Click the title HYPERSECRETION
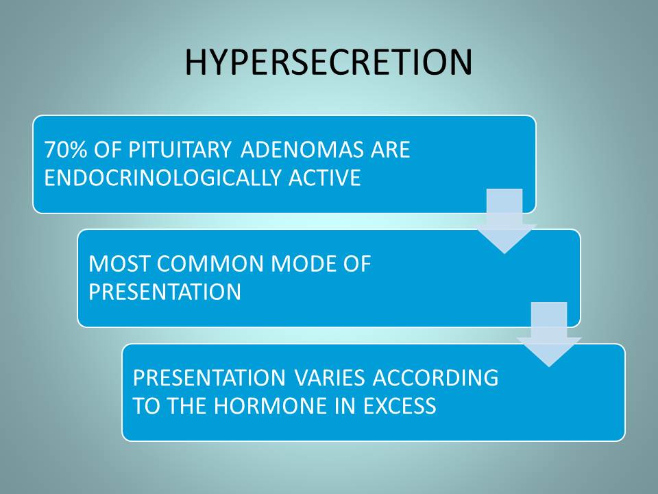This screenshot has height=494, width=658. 328,62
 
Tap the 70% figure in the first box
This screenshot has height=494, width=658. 66,150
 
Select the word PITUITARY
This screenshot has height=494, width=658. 180,150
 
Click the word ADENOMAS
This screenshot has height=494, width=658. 302,150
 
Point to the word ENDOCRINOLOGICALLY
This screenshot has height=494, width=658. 162,177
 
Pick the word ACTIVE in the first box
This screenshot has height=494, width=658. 325,177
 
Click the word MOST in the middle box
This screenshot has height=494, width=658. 119,263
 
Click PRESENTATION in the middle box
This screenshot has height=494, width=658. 165,292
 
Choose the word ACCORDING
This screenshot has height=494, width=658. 436,377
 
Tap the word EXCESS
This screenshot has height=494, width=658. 400,405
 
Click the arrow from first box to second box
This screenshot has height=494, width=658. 504,222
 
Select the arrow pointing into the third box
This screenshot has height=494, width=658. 549,334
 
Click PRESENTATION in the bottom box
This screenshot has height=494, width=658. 210,377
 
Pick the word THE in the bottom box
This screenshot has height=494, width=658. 186,405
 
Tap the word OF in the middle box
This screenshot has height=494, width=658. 357,263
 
